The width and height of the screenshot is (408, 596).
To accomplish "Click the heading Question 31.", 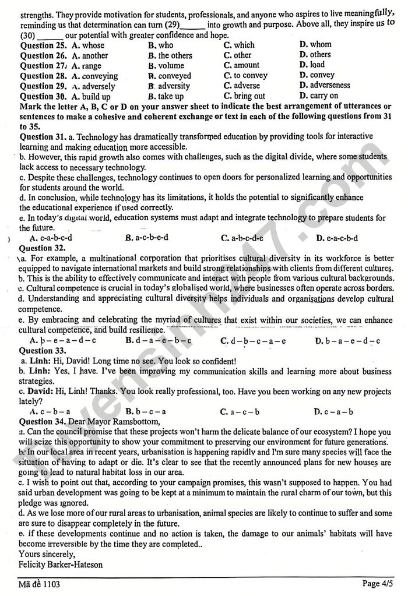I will pos(42,136).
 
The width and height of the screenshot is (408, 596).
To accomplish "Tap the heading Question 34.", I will pos(43,421).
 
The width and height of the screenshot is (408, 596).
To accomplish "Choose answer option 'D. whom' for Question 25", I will pos(315,44).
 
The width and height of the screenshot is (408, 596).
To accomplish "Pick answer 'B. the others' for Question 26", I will pos(170,55).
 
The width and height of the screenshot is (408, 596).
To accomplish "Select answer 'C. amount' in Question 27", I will pos(241,65).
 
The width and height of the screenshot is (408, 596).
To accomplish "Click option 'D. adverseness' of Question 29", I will pos(325,85).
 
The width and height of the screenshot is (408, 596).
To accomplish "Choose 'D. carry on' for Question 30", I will pos(319,96).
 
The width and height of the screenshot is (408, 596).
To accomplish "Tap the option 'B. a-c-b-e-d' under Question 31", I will pos(147,238).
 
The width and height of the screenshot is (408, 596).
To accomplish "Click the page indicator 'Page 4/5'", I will pos(378,583).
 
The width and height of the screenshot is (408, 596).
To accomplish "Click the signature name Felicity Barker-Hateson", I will pos(62,564).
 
